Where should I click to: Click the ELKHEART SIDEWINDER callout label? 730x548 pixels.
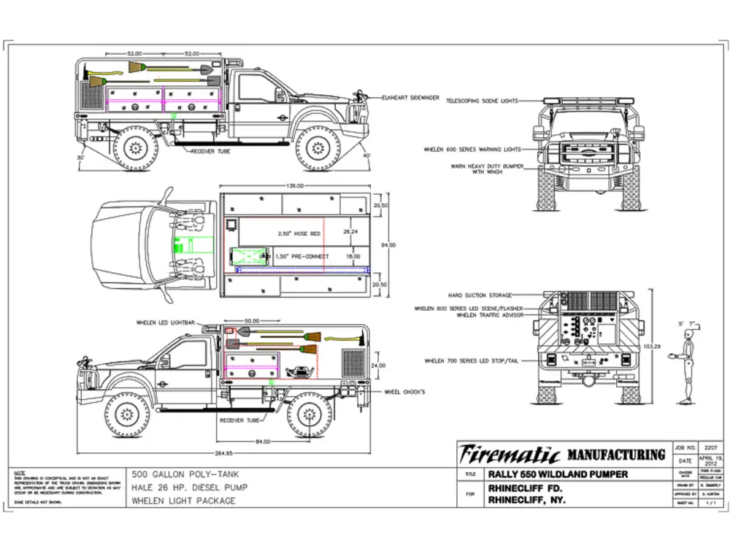410,97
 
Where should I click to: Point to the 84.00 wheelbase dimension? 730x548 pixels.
263,441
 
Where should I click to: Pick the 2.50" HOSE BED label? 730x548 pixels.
299,234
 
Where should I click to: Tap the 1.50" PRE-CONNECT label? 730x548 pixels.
303,256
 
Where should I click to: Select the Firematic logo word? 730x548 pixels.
510,455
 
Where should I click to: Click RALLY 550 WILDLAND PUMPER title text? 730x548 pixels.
558,475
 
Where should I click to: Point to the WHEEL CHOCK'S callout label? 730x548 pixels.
405,393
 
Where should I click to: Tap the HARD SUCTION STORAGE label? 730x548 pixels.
480,296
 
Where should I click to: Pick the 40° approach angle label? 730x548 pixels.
367,156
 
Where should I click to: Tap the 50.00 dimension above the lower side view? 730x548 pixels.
252,321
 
